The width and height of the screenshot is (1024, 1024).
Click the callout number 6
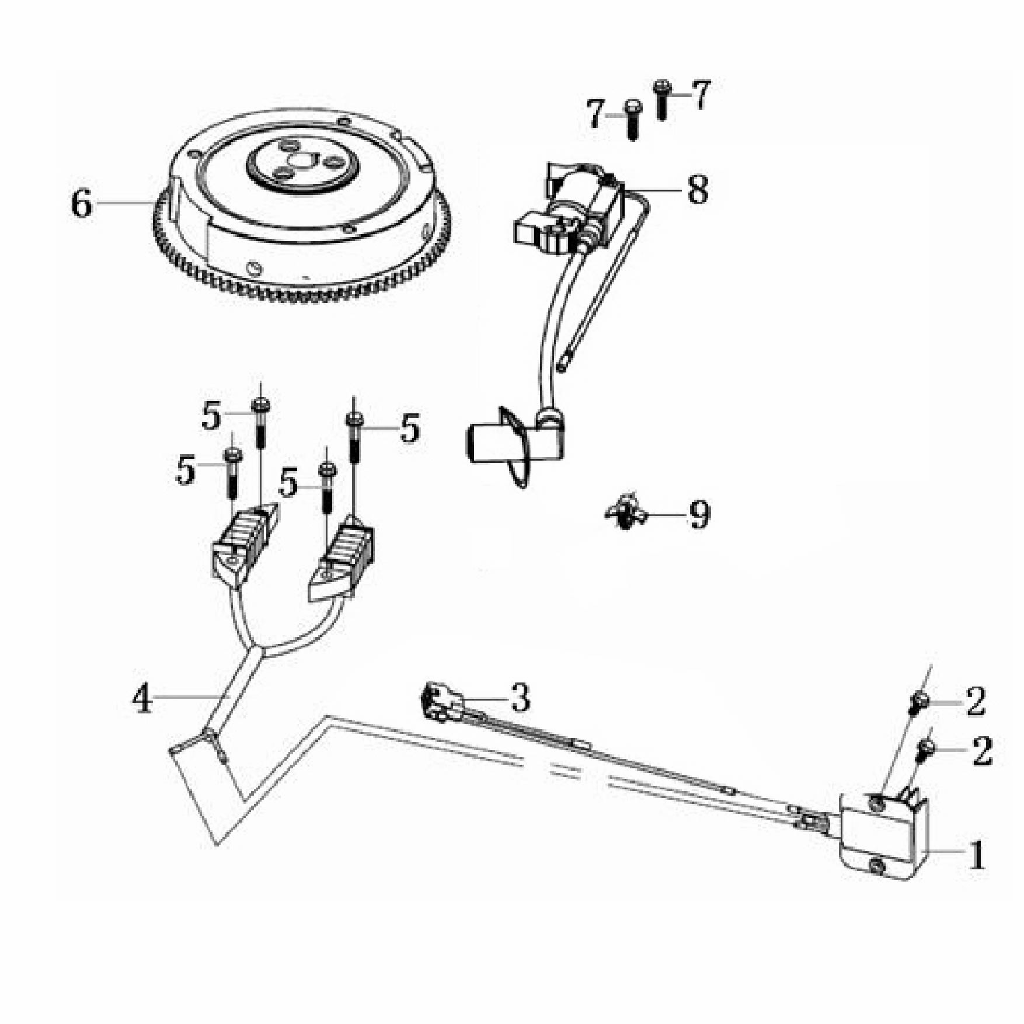(82, 204)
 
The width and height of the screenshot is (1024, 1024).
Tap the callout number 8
(697, 190)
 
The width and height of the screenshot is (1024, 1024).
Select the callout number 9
(699, 515)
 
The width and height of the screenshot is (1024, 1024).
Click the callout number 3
(520, 698)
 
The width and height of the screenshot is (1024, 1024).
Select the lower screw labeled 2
(926, 748)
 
